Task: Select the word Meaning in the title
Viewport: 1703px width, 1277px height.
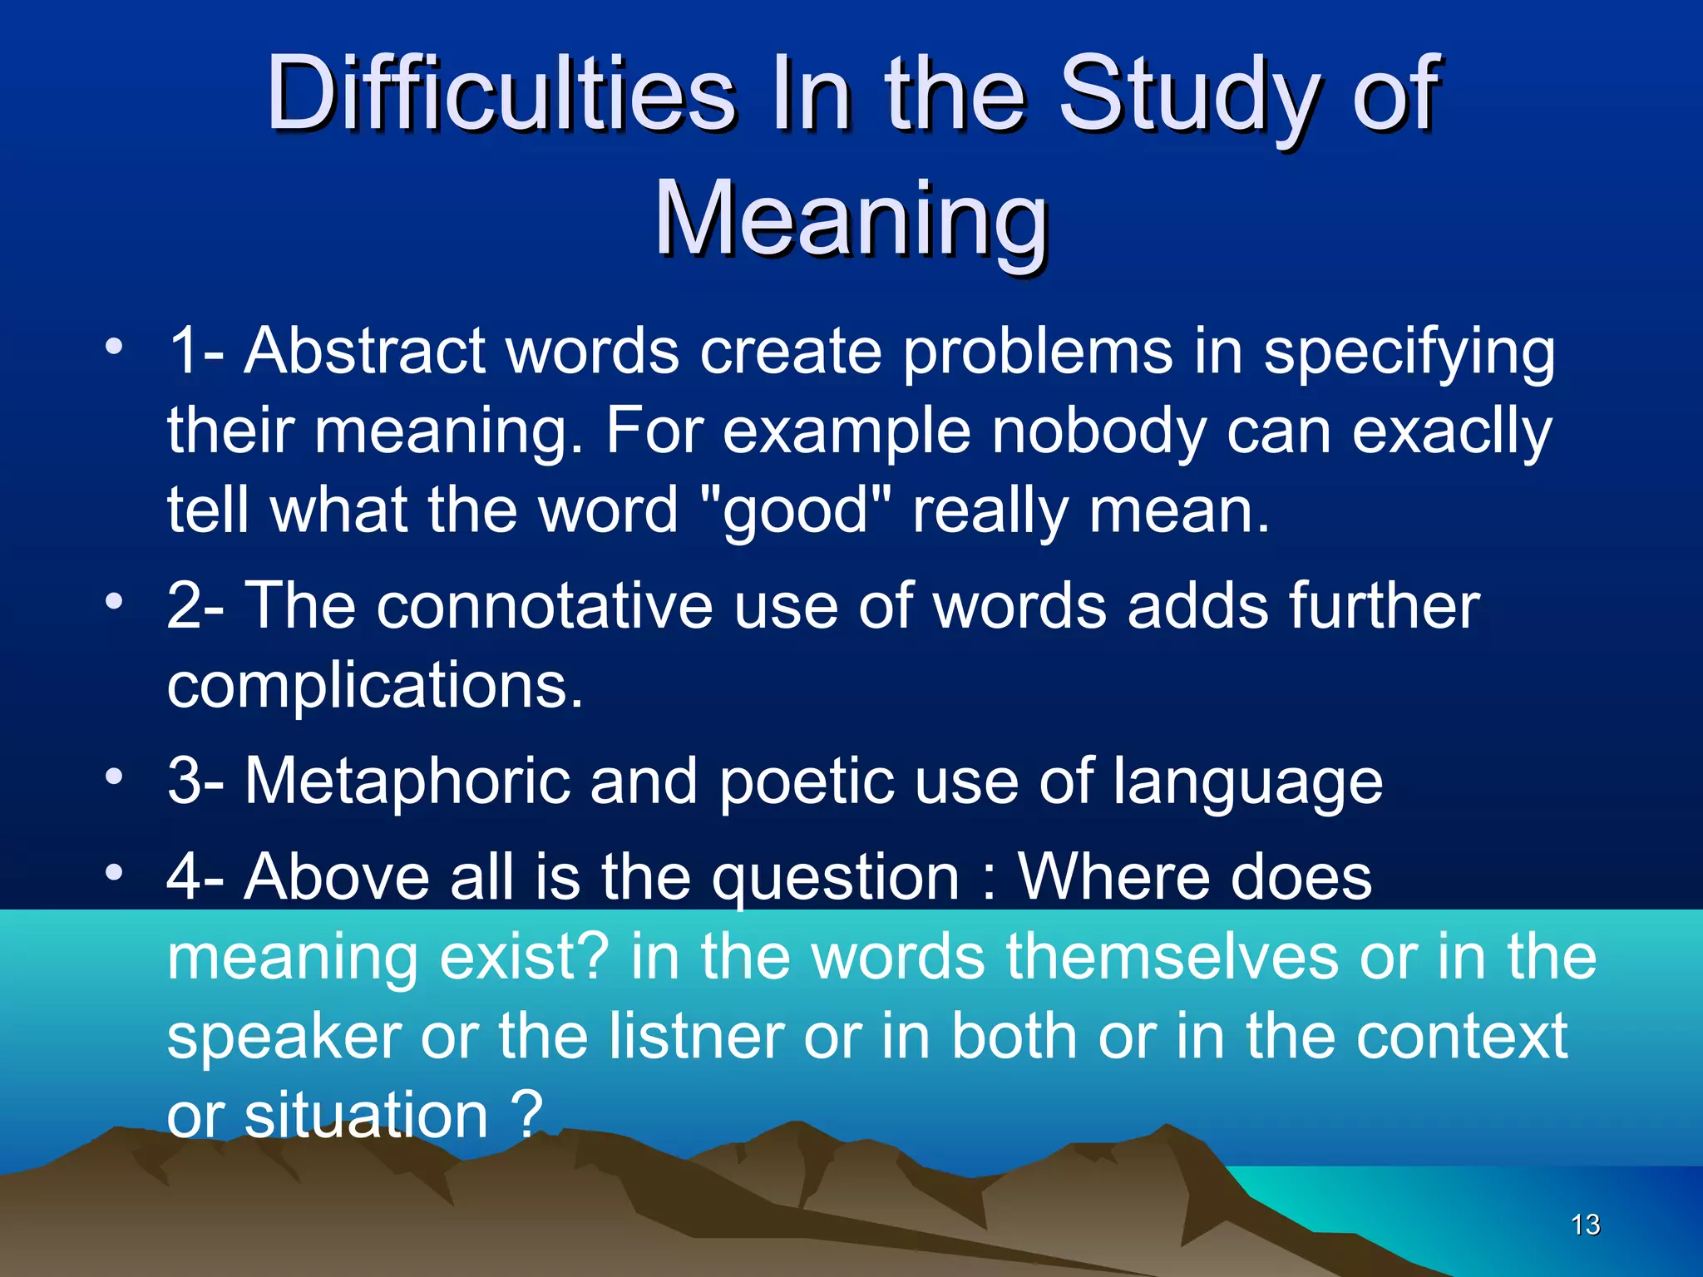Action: coord(851,220)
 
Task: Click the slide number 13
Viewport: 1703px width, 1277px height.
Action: coord(1585,1225)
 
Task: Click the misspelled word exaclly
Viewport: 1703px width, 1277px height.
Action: coord(1452,432)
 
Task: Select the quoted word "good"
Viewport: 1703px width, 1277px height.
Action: coord(796,510)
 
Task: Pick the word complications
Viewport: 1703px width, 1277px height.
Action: coord(375,687)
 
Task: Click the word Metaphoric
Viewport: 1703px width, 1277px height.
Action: coord(407,781)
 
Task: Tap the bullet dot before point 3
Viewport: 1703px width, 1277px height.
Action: coord(114,777)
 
